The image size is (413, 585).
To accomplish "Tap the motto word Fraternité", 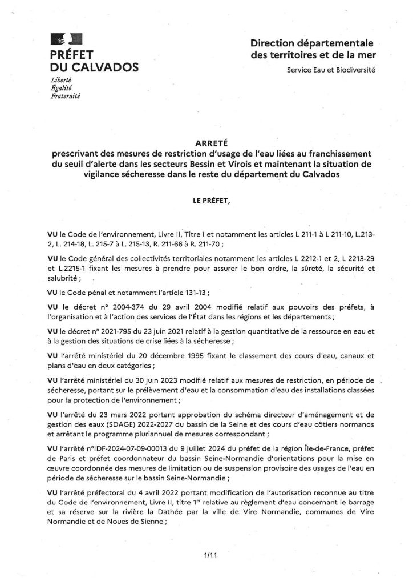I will pyautogui.click(x=66, y=97).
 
